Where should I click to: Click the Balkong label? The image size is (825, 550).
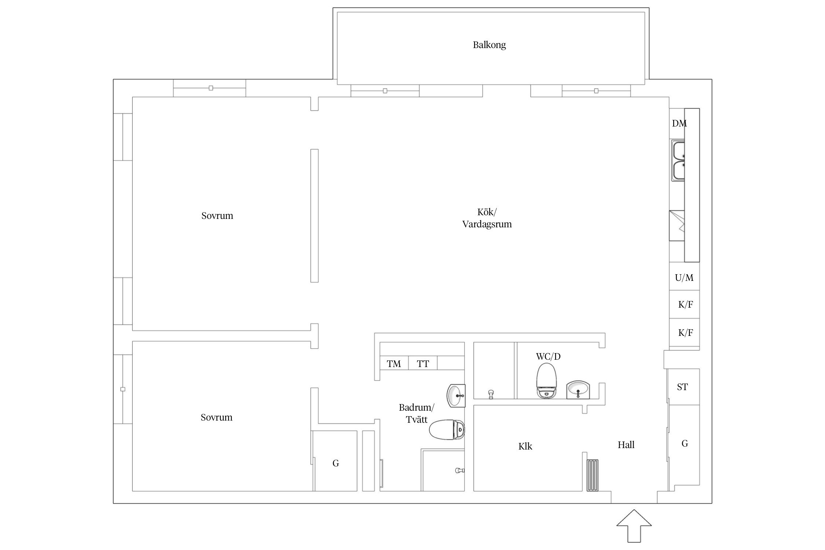(x=489, y=45)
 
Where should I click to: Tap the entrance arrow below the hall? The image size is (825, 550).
(x=634, y=526)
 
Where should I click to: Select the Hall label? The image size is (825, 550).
(x=626, y=445)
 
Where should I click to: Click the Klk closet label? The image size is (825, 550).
(x=525, y=446)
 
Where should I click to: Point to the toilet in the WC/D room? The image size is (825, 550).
(x=546, y=381)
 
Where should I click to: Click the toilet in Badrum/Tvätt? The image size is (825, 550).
(x=447, y=430)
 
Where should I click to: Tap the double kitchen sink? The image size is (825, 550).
(x=678, y=161)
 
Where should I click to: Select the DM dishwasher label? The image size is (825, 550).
(x=679, y=124)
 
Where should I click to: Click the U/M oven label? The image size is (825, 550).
(x=684, y=278)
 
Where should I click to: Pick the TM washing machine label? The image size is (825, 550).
(x=394, y=364)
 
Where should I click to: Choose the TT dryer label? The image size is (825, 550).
(x=423, y=364)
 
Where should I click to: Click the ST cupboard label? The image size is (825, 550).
(x=682, y=387)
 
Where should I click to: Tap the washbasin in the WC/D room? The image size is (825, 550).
(x=578, y=389)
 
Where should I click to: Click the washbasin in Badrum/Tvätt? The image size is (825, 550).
(x=456, y=396)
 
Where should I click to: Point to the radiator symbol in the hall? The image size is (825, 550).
(x=593, y=475)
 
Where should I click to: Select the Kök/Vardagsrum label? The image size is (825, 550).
(x=487, y=218)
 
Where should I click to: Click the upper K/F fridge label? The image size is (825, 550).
(x=685, y=304)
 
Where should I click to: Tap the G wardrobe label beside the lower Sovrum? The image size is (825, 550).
(x=335, y=463)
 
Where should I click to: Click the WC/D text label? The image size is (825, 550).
(x=548, y=356)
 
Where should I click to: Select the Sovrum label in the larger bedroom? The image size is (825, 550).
(x=217, y=216)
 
